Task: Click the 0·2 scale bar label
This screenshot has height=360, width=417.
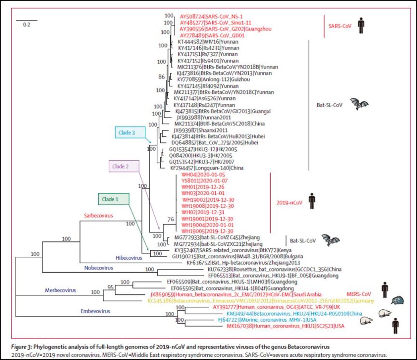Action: [x=27, y=25]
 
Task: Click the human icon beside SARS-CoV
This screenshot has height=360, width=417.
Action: [x=360, y=25]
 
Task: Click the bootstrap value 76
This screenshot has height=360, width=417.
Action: [x=170, y=219]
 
